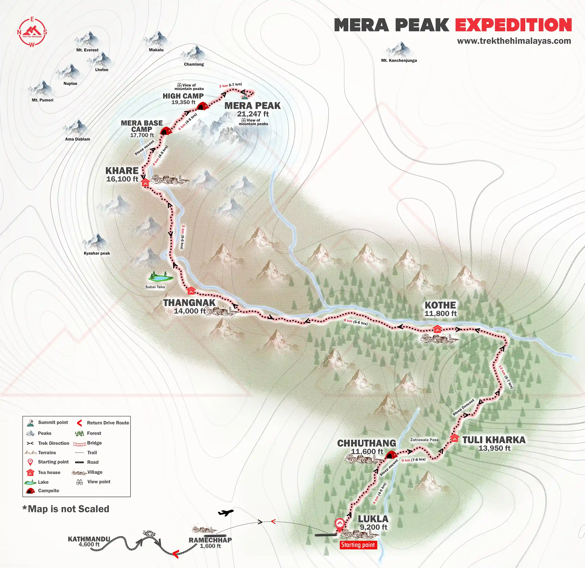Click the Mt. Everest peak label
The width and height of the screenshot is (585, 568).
(x=87, y=50)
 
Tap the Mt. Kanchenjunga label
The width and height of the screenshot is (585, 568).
(x=399, y=60)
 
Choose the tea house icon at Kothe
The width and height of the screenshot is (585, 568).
(x=437, y=329)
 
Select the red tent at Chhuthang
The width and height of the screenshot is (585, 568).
(x=391, y=455)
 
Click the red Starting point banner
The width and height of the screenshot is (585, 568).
(x=358, y=545)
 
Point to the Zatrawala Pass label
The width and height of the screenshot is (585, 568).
(x=424, y=440)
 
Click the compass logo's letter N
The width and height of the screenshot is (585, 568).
(x=19, y=32)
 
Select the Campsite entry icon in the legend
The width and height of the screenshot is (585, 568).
(x=30, y=491)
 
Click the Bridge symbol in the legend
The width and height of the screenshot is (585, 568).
(x=79, y=443)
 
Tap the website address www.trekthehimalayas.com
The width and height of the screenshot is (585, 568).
(x=514, y=41)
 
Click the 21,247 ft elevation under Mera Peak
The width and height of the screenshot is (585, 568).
(x=253, y=114)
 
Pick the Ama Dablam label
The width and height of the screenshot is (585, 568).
(x=78, y=139)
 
